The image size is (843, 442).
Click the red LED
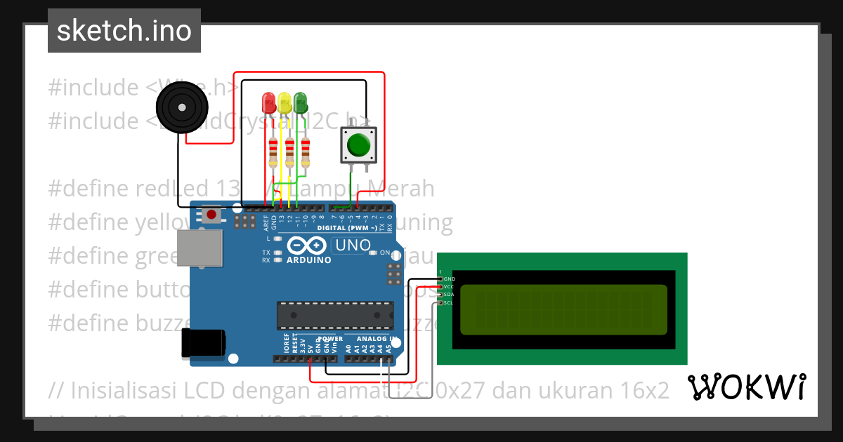268,102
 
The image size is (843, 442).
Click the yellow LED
284,102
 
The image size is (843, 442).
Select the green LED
300,102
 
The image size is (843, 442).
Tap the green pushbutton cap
358,145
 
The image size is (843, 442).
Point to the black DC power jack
203,342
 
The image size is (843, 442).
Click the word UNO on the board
353,246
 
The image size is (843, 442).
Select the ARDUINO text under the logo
309,260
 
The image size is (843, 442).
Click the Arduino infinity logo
307,246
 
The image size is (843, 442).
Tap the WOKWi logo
746,387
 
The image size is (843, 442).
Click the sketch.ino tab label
124,31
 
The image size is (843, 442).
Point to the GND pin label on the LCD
450,279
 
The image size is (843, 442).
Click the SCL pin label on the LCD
449,302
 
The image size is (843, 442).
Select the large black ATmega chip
334,315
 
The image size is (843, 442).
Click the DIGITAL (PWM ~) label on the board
346,228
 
